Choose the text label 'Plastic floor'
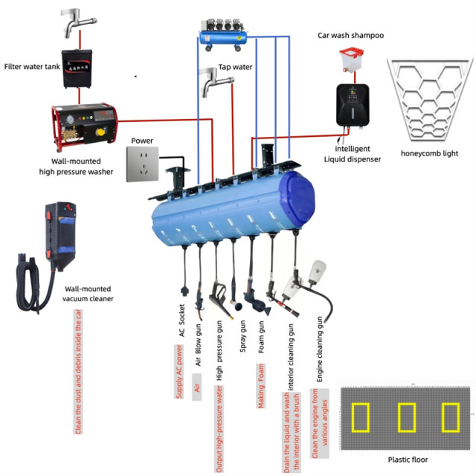point(408,459)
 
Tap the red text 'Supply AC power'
point(179,372)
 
